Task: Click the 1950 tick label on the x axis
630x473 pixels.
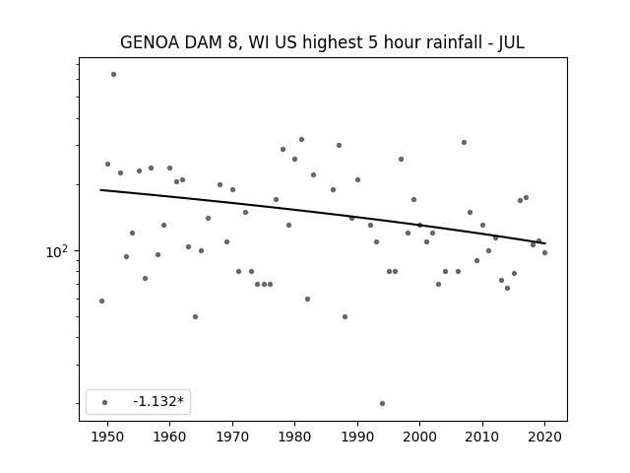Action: click(107, 437)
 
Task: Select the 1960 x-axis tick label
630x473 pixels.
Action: click(169, 437)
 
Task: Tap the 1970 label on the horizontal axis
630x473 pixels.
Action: click(232, 437)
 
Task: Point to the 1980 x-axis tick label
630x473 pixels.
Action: click(294, 437)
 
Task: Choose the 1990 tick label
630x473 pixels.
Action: click(357, 437)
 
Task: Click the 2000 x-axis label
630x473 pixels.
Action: click(419, 437)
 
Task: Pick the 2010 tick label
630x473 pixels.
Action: click(482, 437)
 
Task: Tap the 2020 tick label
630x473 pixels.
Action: click(544, 437)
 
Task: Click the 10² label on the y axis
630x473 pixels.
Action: click(57, 252)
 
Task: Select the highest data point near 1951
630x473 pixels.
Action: click(114, 75)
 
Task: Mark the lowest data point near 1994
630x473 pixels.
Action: click(382, 403)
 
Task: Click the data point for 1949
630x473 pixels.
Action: click(101, 301)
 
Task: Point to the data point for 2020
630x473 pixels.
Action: click(544, 252)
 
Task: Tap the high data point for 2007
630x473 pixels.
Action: click(464, 142)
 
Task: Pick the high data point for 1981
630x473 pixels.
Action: click(302, 140)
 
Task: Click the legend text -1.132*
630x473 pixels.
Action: click(158, 401)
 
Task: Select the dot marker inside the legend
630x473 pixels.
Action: click(105, 402)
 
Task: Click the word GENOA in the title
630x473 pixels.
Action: click(150, 42)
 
